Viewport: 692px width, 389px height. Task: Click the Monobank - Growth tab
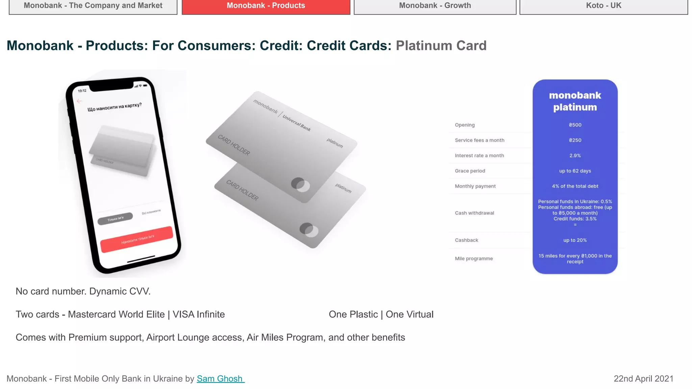pyautogui.click(x=435, y=6)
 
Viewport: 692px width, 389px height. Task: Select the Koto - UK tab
pyautogui.click(x=603, y=6)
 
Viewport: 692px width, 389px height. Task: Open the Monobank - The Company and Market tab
pyautogui.click(x=93, y=6)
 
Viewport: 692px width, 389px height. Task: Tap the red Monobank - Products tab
pyautogui.click(x=266, y=6)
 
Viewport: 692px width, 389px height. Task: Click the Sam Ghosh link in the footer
pyautogui.click(x=220, y=379)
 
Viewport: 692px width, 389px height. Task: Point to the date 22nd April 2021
pyautogui.click(x=643, y=379)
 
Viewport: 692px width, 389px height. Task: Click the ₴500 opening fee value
pyautogui.click(x=575, y=125)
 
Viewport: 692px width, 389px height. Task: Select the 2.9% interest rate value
pyautogui.click(x=575, y=156)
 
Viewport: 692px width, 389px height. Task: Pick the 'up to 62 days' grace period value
pyautogui.click(x=575, y=171)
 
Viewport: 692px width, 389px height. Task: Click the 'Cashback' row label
pyautogui.click(x=466, y=240)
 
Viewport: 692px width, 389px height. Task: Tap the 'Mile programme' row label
pyautogui.click(x=474, y=259)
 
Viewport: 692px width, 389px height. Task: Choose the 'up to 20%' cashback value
pyautogui.click(x=575, y=240)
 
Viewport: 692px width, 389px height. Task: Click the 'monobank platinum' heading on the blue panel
pyautogui.click(x=575, y=101)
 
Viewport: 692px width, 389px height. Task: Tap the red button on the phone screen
pyautogui.click(x=137, y=239)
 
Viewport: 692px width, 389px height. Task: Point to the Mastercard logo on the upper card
pyautogui.click(x=300, y=185)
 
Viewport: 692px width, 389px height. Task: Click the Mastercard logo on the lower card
pyautogui.click(x=309, y=230)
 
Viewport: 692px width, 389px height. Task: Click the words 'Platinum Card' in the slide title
pyautogui.click(x=441, y=46)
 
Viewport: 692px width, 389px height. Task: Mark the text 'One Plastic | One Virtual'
pyautogui.click(x=381, y=314)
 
